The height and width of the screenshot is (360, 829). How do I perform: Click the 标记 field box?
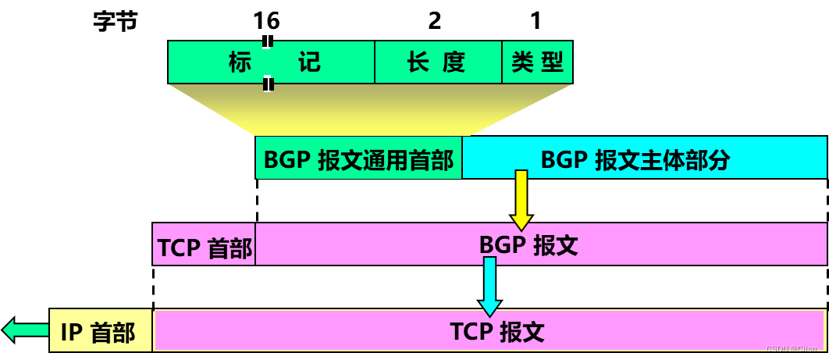click(271, 62)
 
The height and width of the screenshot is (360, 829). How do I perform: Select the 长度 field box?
click(438, 62)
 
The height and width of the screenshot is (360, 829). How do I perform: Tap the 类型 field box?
click(537, 62)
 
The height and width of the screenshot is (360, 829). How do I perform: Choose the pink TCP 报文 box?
click(489, 331)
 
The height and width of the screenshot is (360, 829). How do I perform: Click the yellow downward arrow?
click(521, 200)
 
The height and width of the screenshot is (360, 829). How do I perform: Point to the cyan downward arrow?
click(490, 286)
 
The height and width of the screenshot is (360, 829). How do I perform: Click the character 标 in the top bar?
click(240, 62)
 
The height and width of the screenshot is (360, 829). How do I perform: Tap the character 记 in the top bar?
click(309, 62)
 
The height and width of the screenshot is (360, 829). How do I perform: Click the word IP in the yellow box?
click(71, 333)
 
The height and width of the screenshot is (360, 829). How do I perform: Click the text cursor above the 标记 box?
click(266, 41)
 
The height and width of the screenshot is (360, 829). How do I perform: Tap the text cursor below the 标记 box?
click(268, 84)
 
